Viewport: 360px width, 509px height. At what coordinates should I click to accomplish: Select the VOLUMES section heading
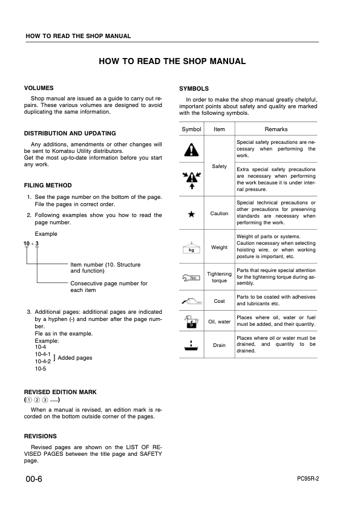pyautogui.click(x=39, y=88)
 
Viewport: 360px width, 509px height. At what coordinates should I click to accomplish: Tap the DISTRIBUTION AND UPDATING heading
pyautogui.click(x=70, y=133)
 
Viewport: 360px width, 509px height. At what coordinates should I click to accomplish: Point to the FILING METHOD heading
pyautogui.click(x=48, y=186)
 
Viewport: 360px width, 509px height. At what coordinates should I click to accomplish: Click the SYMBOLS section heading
pyautogui.click(x=194, y=88)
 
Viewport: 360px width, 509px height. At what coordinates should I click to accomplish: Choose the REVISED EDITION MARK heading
pyautogui.click(x=60, y=392)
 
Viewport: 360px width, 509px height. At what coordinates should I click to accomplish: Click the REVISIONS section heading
pyautogui.click(x=40, y=436)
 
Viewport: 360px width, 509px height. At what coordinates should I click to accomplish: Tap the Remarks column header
pyautogui.click(x=276, y=129)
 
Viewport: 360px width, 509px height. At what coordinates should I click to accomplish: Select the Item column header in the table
pyautogui.click(x=220, y=129)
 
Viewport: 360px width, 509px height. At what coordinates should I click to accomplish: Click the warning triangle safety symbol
pyautogui.click(x=192, y=149)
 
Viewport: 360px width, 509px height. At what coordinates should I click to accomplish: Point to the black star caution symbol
pyautogui.click(x=192, y=213)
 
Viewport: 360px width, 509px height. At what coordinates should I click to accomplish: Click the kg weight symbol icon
pyautogui.click(x=192, y=247)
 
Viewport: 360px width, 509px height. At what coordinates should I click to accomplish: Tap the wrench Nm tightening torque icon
pyautogui.click(x=192, y=278)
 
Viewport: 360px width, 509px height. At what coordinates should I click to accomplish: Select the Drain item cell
pyautogui.click(x=220, y=346)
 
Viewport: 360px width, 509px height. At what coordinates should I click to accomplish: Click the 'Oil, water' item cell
pyautogui.click(x=220, y=322)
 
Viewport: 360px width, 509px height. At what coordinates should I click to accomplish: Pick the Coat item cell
pyautogui.click(x=220, y=300)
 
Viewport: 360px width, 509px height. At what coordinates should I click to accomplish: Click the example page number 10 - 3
pyautogui.click(x=31, y=243)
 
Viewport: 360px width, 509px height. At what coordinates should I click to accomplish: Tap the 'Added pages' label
pyautogui.click(x=74, y=358)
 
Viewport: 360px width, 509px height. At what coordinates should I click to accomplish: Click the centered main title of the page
pyautogui.click(x=172, y=62)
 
